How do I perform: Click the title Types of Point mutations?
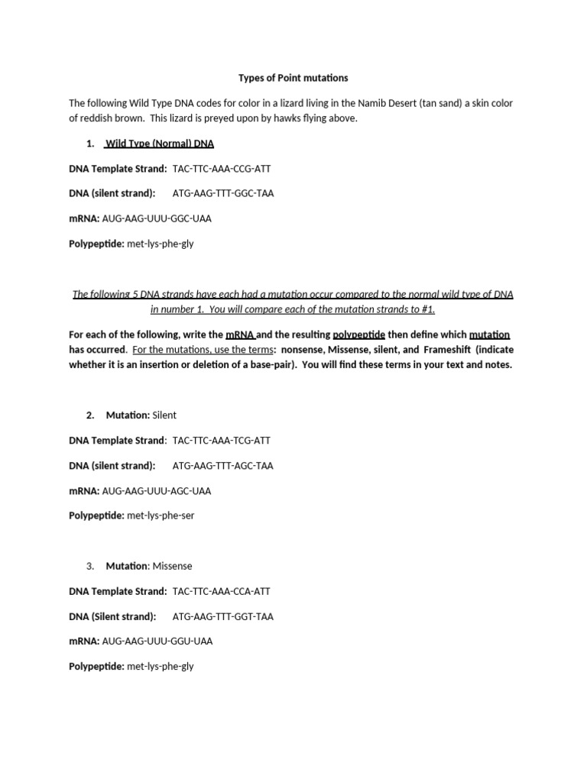pos(293,78)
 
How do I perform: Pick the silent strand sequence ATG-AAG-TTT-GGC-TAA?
pos(222,193)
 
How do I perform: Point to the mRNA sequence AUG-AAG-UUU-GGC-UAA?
pos(157,218)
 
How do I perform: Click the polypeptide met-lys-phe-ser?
pos(161,515)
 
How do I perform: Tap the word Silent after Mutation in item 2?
pos(164,415)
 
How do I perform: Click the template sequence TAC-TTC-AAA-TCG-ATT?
pos(222,441)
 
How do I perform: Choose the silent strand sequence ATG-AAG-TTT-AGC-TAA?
pos(222,465)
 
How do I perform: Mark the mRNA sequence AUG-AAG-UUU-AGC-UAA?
pos(157,491)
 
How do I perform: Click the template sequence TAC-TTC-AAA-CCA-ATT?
pos(222,591)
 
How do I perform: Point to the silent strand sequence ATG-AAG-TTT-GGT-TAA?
pos(222,616)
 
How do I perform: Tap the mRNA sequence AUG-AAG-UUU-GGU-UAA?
pos(157,641)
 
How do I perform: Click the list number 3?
pos(90,566)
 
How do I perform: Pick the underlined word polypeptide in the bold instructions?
pos(359,335)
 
